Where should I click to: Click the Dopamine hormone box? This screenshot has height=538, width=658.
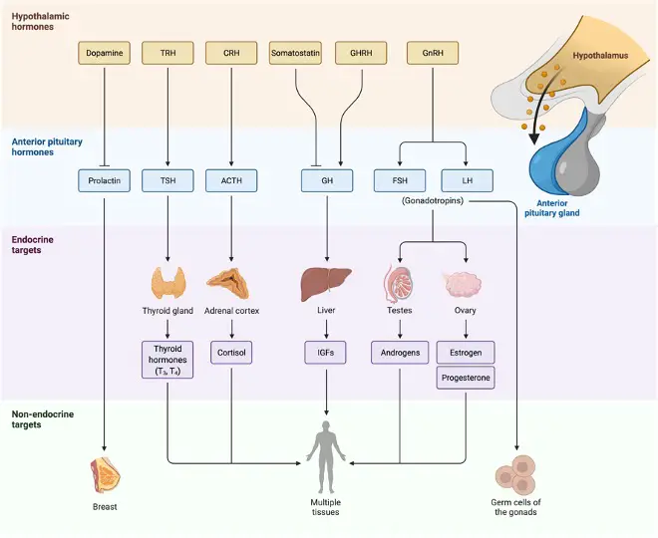[104, 53]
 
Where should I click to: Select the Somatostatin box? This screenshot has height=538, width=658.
[295, 53]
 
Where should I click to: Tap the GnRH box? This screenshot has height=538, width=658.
[433, 53]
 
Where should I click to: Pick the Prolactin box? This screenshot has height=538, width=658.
[104, 180]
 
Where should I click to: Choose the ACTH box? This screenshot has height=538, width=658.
[231, 180]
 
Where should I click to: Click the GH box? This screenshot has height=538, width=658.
[327, 180]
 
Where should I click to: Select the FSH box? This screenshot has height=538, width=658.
[400, 180]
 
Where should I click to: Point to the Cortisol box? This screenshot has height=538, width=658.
[231, 353]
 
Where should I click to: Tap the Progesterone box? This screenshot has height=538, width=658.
[466, 378]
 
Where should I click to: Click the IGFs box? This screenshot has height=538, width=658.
[326, 353]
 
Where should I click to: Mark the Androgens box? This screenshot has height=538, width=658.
[400, 353]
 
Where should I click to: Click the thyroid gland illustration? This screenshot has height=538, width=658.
[167, 283]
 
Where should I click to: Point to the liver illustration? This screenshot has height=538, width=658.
[326, 284]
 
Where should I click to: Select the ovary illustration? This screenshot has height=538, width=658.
[463, 284]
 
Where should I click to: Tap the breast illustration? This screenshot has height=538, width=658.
[105, 474]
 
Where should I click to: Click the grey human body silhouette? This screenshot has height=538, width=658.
[326, 457]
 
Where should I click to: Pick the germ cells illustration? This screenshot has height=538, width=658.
[515, 474]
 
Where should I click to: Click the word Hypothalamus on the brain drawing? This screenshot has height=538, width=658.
[600, 56]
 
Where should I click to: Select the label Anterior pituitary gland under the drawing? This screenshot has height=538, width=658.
[552, 208]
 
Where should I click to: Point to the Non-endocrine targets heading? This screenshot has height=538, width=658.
[43, 419]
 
